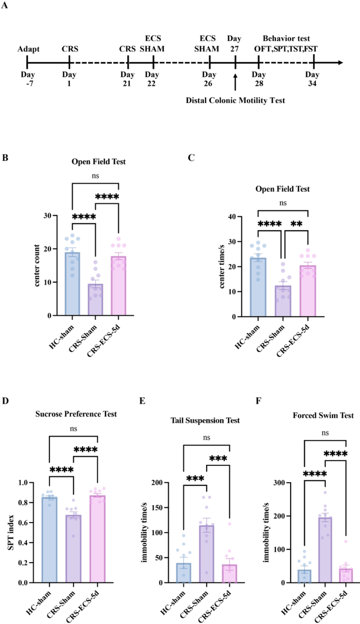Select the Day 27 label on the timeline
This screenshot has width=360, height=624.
click(x=235, y=45)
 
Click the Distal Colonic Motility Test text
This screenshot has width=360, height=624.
click(x=236, y=100)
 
